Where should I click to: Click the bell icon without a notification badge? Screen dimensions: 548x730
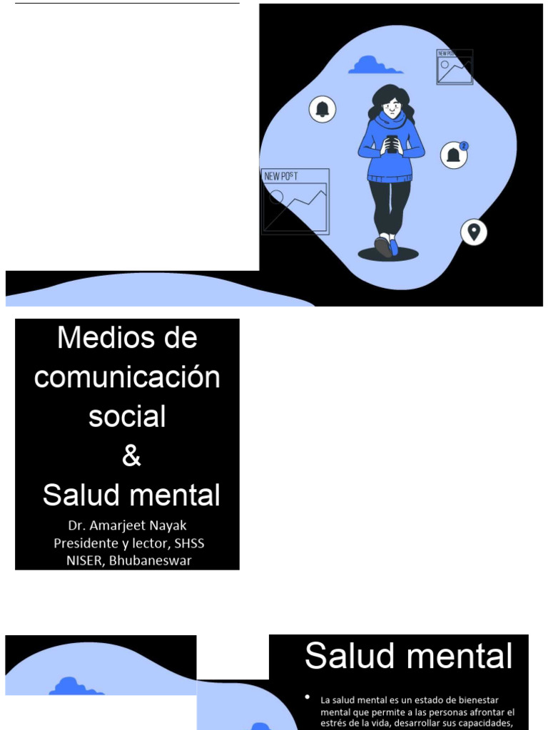point(323,109)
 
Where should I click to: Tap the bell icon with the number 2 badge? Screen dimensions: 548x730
point(453,155)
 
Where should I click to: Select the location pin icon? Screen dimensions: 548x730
point(473,232)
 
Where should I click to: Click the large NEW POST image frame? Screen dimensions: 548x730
point(295,202)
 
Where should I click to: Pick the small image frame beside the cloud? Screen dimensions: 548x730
point(455,67)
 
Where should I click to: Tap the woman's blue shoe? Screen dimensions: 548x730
point(393,247)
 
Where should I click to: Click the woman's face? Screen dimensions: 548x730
point(391,108)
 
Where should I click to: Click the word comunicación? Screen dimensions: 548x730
point(127,378)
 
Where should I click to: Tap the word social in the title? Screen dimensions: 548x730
point(127,417)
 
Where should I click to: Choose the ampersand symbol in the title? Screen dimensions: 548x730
point(131,456)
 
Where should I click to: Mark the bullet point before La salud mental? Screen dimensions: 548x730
point(307,696)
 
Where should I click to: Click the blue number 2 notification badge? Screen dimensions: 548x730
point(464,146)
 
